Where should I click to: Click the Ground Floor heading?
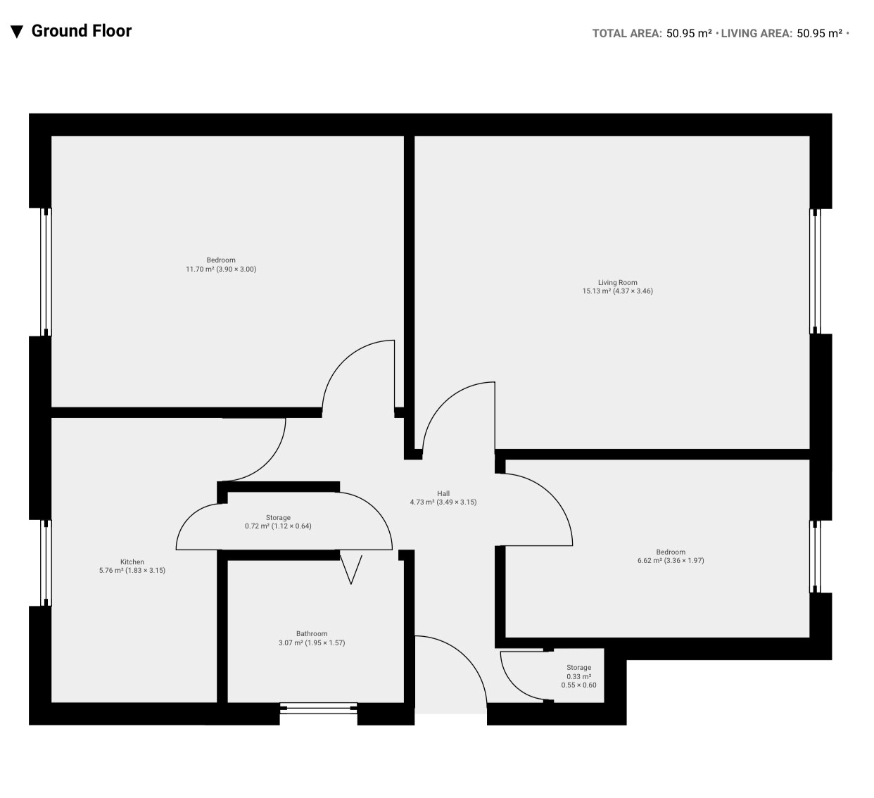point(82,31)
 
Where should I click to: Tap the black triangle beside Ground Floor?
point(17,32)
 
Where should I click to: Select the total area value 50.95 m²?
point(689,34)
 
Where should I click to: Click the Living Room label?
point(617,282)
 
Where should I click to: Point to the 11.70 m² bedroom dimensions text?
point(221,270)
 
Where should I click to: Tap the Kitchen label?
point(132,562)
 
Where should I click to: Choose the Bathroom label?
point(312,634)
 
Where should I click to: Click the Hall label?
point(443,493)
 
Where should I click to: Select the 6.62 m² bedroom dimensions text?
point(671,560)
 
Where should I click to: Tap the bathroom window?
point(319,708)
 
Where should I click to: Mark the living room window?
point(815,271)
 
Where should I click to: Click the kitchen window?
point(46,563)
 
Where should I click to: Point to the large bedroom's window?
point(46,272)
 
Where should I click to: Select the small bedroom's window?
point(815,557)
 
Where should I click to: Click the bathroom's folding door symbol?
point(350,568)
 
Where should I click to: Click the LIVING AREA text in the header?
point(756,34)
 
